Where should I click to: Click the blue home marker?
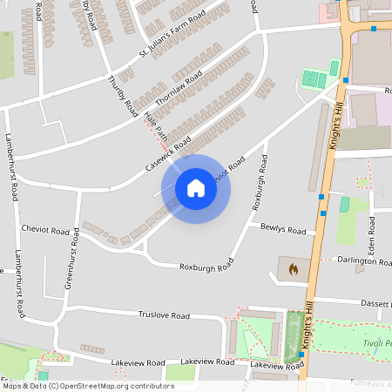click(196, 188)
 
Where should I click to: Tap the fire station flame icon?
click(293, 269)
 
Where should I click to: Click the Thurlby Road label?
click(122, 96)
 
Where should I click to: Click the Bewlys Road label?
click(283, 229)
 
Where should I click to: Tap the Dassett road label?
click(376, 303)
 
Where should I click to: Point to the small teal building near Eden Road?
click(344, 204)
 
